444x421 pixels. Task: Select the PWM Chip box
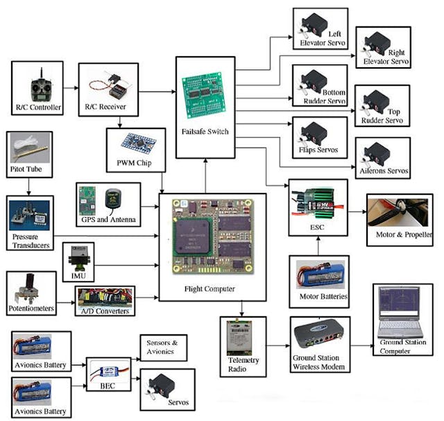pyautogui.click(x=136, y=148)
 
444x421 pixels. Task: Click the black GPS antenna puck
pyautogui.click(x=114, y=200)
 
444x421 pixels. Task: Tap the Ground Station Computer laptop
pyautogui.click(x=398, y=312)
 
